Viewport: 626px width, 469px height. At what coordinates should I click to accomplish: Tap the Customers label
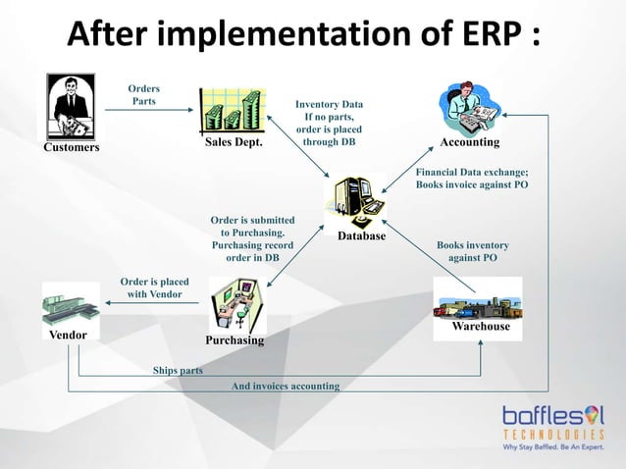pyautogui.click(x=71, y=148)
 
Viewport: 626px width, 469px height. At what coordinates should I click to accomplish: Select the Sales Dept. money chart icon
pyautogui.click(x=232, y=110)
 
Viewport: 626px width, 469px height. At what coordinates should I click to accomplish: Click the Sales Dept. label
pyautogui.click(x=235, y=143)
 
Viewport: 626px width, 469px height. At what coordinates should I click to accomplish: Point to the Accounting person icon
pyautogui.click(x=469, y=107)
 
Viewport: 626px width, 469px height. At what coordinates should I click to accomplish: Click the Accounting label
pyautogui.click(x=469, y=142)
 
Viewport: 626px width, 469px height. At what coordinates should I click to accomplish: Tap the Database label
pyautogui.click(x=361, y=236)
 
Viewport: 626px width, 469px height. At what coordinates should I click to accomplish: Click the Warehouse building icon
pyautogui.click(x=477, y=298)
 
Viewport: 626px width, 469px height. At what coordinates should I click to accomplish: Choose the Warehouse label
pyautogui.click(x=481, y=326)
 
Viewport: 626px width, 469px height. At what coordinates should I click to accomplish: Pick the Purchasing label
pyautogui.click(x=235, y=340)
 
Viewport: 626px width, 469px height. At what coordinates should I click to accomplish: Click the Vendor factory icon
pyautogui.click(x=71, y=305)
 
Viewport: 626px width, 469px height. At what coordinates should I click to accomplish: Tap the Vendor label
pyautogui.click(x=69, y=335)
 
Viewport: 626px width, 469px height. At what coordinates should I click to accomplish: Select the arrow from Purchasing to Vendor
pyautogui.click(x=154, y=304)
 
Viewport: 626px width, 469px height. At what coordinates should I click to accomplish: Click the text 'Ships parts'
pyautogui.click(x=178, y=371)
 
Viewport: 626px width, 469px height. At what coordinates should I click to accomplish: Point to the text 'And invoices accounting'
pyautogui.click(x=285, y=387)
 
